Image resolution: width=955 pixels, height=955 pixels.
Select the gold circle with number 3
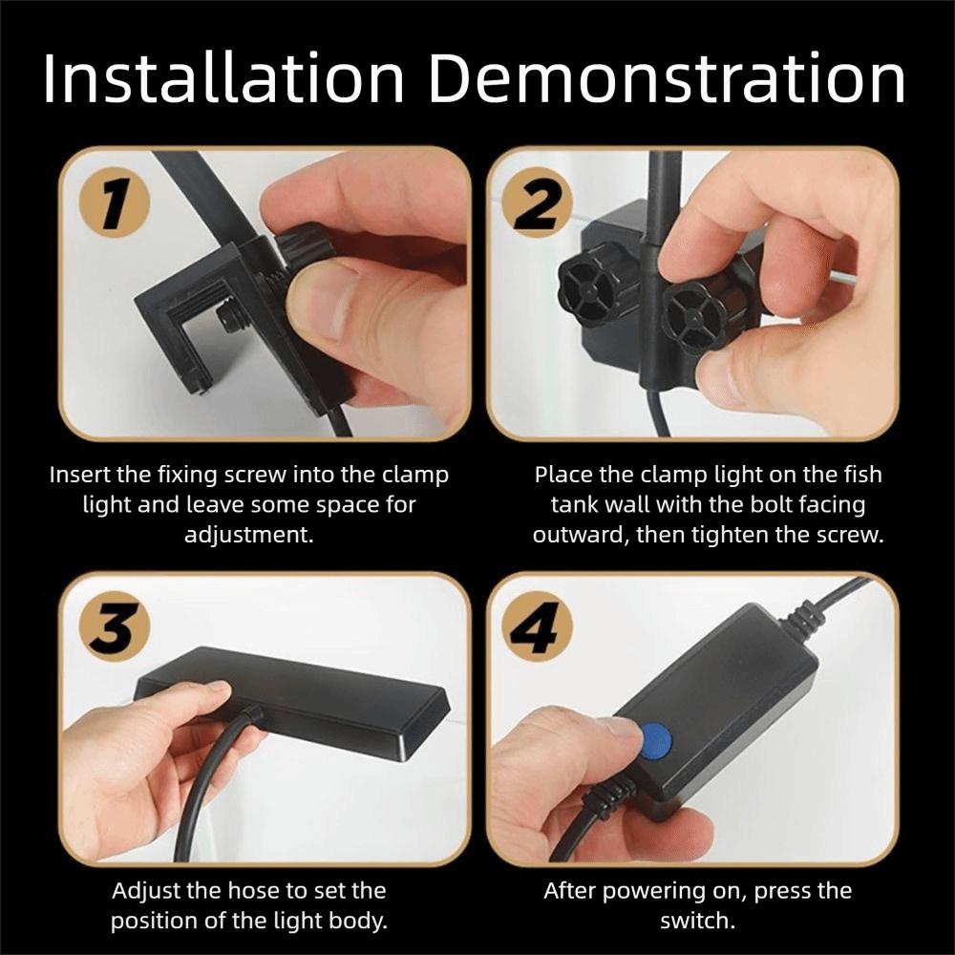coord(116,628)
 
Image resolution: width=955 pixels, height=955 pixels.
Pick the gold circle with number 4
coord(537,628)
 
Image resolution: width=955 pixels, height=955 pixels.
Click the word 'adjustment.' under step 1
coord(249,536)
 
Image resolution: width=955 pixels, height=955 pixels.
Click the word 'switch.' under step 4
coord(697,921)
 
